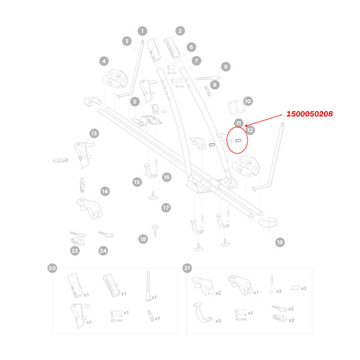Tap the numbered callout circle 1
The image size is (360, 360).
click(142, 31)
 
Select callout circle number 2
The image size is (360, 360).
click(179, 31)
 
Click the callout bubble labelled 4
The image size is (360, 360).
click(104, 61)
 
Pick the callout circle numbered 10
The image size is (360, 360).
click(248, 102)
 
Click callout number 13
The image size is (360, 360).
click(94, 133)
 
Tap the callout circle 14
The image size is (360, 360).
click(105, 191)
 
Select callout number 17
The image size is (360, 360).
click(166, 207)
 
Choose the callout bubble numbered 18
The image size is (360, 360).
click(143, 239)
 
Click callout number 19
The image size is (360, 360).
click(280, 242)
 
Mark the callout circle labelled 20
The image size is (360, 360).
click(52, 268)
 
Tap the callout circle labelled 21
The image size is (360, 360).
click(187, 268)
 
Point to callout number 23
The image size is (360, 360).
click(75, 251)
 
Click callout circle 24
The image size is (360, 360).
click(103, 251)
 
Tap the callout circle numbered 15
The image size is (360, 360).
click(137, 181)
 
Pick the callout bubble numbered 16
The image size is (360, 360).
click(166, 177)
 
